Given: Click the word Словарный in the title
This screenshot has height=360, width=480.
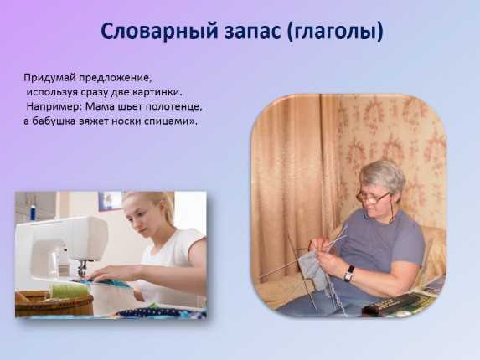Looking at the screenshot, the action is (x=159, y=31).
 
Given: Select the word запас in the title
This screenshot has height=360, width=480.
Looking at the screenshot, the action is (x=252, y=32).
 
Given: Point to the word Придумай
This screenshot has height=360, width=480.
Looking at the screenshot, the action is (x=49, y=78).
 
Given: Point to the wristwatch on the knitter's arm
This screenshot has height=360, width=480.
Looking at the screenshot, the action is (x=349, y=273).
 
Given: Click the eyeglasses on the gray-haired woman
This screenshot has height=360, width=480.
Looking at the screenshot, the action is (x=372, y=197).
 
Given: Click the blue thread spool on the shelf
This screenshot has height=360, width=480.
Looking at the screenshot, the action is (x=33, y=211).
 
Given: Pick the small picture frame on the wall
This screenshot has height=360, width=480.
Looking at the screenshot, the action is (x=109, y=200).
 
